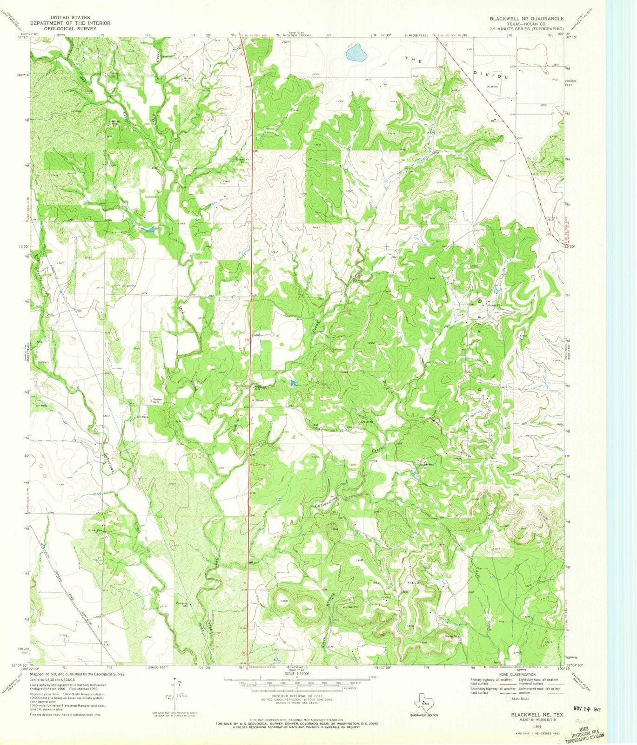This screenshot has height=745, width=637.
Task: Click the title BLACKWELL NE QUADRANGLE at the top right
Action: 526,18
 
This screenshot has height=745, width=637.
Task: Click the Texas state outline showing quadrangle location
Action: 423,700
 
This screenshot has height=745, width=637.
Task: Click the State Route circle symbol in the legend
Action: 508,699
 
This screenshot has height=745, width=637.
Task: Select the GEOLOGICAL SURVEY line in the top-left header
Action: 63,29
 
